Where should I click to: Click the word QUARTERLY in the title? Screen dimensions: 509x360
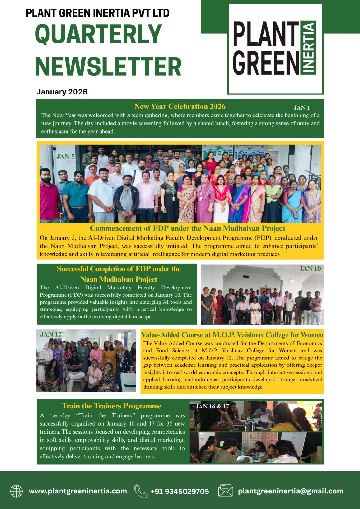pyautogui.click(x=98, y=34)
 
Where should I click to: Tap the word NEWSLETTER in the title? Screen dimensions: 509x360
pyautogui.click(x=108, y=66)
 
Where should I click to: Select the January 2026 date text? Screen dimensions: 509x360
pyautogui.click(x=62, y=92)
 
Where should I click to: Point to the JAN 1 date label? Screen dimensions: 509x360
pyautogui.click(x=301, y=108)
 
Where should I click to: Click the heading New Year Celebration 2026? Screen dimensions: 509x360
pyautogui.click(x=180, y=107)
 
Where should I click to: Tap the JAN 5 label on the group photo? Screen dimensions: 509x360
pyautogui.click(x=66, y=156)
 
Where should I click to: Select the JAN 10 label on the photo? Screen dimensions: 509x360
pyautogui.click(x=310, y=268)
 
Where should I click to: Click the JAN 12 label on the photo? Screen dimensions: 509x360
pyautogui.click(x=51, y=334)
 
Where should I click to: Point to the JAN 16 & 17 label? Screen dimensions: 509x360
pyautogui.click(x=212, y=406)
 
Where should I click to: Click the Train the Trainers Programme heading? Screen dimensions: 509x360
pyautogui.click(x=112, y=406)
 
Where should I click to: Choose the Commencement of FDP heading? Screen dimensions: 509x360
pyautogui.click(x=187, y=228)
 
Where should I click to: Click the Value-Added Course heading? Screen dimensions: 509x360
pyautogui.click(x=232, y=335)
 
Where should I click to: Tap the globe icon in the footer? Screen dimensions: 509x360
pyautogui.click(x=16, y=491)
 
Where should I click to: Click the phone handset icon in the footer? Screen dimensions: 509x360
pyautogui.click(x=141, y=491)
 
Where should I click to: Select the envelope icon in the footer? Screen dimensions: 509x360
pyautogui.click(x=226, y=491)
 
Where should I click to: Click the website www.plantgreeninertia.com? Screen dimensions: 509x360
pyautogui.click(x=78, y=491)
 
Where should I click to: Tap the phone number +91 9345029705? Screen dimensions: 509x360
pyautogui.click(x=180, y=491)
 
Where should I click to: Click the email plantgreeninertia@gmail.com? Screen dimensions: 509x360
pyautogui.click(x=291, y=491)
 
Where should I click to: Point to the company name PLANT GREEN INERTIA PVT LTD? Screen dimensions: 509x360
pyautogui.click(x=97, y=13)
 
